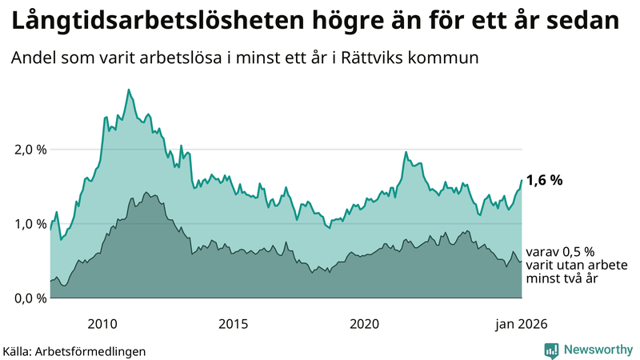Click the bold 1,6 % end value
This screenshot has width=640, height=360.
pyautogui.click(x=545, y=180)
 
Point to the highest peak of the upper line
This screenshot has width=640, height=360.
pyautogui.click(x=128, y=90)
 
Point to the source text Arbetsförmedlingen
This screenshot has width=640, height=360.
pyautogui.click(x=96, y=350)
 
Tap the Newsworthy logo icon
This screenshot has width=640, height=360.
pyautogui.click(x=551, y=350)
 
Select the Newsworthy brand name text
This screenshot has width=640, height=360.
pyautogui.click(x=597, y=350)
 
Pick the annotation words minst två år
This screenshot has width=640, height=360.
pyautogui.click(x=563, y=278)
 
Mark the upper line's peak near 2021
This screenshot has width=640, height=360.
pyautogui.click(x=406, y=152)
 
